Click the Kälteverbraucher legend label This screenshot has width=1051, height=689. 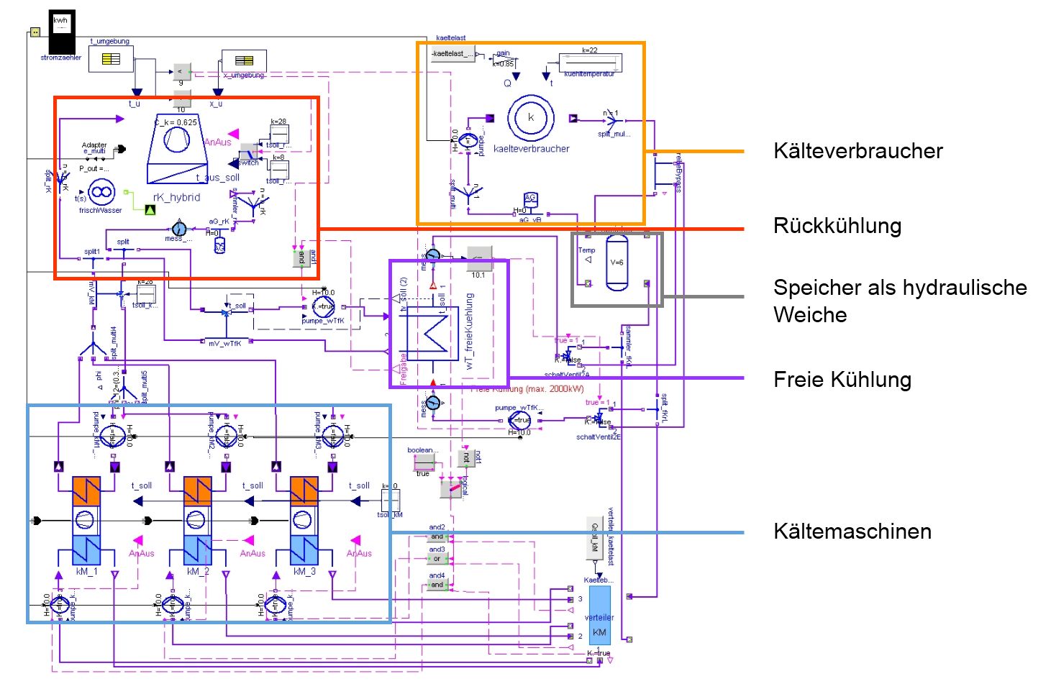857,151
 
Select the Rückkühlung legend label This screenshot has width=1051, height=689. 837,226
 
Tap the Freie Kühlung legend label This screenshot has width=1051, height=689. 842,380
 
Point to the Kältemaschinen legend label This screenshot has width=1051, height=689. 852,531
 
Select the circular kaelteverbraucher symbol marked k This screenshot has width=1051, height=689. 531,118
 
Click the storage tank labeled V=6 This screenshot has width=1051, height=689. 617,263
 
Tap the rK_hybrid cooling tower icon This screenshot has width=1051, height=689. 176,150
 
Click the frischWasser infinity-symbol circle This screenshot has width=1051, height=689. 101,192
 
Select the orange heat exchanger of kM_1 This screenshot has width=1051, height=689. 85,491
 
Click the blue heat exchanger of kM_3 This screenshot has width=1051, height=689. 304,549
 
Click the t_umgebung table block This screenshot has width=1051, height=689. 111,59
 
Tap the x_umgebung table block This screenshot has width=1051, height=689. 244,60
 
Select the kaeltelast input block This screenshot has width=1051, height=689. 452,54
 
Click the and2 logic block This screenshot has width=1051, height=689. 437,537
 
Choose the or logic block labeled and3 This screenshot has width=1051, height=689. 437,559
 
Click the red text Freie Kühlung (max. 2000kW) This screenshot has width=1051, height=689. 527,389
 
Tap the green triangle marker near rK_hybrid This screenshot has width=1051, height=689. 150,210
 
